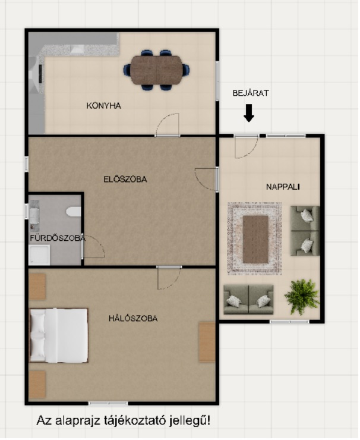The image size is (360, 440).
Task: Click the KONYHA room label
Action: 104,106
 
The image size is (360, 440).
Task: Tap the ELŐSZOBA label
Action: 125,180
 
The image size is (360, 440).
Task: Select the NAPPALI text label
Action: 283,187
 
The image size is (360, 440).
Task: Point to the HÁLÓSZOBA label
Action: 133,319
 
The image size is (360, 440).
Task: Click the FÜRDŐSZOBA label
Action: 58,238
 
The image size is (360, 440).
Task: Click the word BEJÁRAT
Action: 251,93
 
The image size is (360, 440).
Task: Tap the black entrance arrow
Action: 249,113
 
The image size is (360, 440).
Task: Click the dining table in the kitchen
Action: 156,70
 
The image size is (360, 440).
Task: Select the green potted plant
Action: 302,297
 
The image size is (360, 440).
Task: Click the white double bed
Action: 59,335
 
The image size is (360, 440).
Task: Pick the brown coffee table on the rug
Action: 255,239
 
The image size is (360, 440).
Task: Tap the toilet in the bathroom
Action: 74,212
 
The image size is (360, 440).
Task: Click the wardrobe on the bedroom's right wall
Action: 207,342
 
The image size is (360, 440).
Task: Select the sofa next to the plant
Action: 248,300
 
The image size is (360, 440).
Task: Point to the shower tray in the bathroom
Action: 40,255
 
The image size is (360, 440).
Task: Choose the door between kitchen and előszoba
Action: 168,125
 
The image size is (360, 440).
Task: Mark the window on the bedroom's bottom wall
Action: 108,404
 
